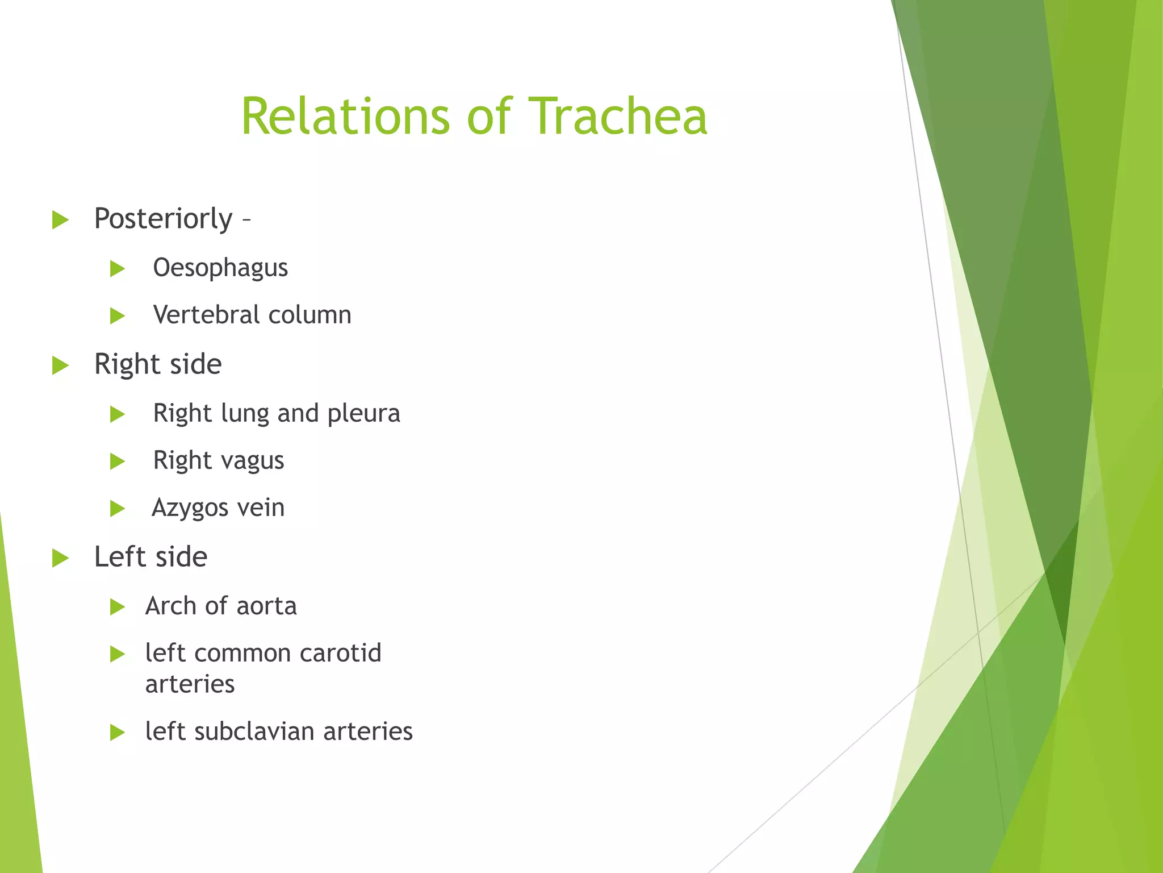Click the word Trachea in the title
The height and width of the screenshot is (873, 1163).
(x=617, y=117)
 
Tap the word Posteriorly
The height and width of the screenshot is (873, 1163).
(x=163, y=219)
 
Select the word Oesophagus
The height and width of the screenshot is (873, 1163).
(x=220, y=268)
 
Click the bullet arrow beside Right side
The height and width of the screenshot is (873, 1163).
(x=60, y=365)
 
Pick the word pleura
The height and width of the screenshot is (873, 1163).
(x=363, y=414)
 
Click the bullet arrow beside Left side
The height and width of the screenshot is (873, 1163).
(x=60, y=558)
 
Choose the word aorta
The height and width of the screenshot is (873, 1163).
(x=266, y=606)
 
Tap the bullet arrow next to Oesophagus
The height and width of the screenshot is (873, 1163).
(x=117, y=268)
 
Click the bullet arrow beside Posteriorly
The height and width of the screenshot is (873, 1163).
(x=60, y=219)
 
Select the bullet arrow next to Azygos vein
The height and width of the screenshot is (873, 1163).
(x=117, y=508)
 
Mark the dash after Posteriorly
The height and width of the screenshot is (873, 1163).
(x=246, y=219)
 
